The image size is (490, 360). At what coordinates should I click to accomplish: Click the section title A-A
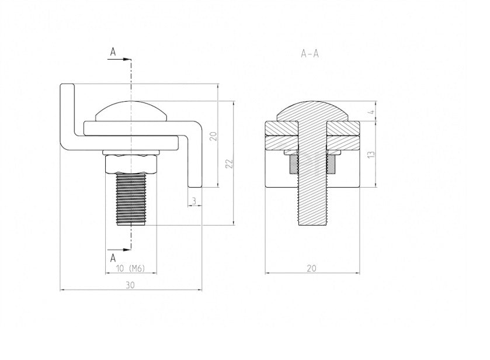point(310,54)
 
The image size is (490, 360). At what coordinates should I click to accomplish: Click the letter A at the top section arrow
point(113,53)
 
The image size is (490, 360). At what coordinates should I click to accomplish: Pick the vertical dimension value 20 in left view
point(213,136)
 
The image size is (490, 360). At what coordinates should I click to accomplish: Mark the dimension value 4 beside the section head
point(371,112)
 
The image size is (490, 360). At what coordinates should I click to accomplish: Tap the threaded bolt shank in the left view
point(131,199)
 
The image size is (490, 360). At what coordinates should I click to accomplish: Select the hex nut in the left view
point(131,164)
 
